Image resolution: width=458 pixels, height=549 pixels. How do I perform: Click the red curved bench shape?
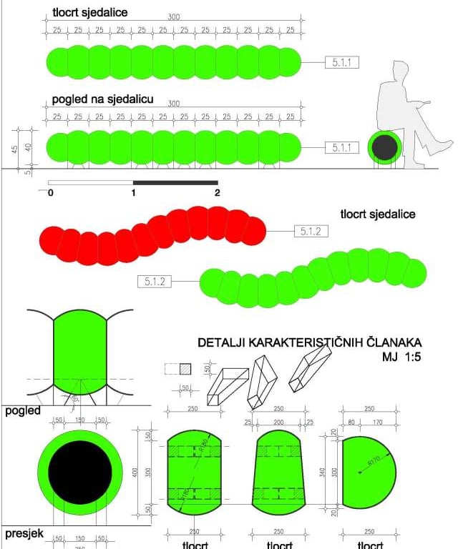(150, 236)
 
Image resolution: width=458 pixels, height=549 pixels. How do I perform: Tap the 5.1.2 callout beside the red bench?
(311, 232)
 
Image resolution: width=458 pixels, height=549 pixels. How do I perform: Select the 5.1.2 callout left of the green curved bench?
(154, 282)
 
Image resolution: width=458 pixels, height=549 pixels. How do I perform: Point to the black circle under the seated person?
(384, 147)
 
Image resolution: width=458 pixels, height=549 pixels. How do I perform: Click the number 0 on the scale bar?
(51, 192)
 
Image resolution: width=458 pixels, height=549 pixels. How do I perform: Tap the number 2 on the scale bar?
(217, 192)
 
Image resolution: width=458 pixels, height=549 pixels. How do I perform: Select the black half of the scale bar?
(175, 183)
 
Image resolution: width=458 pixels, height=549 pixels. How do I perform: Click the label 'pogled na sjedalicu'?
(102, 100)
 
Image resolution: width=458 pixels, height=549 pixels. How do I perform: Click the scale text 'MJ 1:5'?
(402, 357)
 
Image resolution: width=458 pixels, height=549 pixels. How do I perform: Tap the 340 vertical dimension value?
(326, 473)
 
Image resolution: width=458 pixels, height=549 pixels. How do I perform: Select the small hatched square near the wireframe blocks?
(185, 369)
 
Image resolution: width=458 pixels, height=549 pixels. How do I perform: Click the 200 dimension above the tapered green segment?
(279, 422)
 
